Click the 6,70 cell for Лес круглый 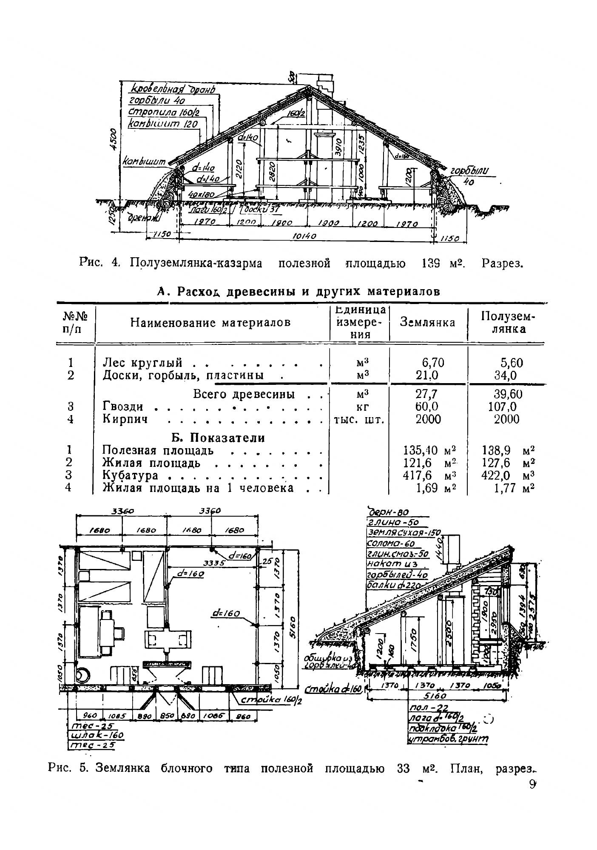(433, 362)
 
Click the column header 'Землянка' (427, 322)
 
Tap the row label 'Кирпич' (125, 419)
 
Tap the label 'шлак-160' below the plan (97, 735)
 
